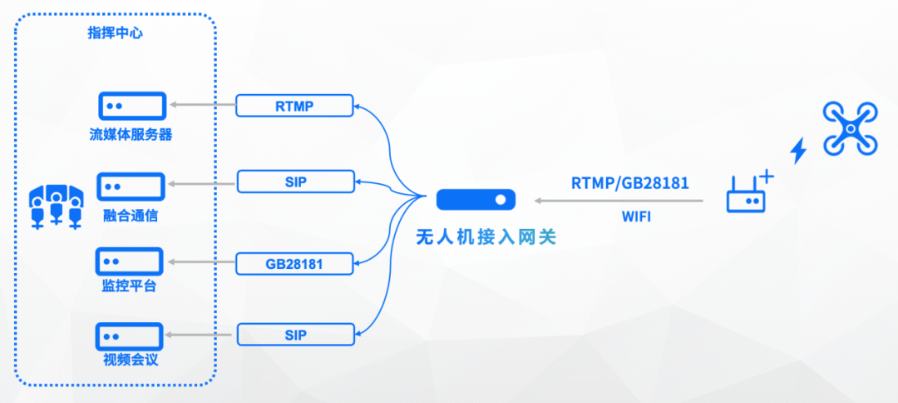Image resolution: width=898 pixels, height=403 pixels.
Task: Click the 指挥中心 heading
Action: [117, 33]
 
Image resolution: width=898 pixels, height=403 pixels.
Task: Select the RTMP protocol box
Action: [294, 106]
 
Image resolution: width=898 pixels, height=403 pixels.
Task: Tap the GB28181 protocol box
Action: [294, 264]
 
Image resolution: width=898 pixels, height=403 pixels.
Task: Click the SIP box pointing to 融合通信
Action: [295, 180]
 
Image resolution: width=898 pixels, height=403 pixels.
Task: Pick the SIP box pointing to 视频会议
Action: [295, 335]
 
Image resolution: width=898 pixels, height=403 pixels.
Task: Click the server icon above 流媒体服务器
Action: [131, 107]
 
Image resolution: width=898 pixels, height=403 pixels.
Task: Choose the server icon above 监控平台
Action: [131, 261]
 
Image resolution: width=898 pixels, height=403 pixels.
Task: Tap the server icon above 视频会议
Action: [131, 336]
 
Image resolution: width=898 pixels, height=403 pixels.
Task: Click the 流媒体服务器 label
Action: [131, 134]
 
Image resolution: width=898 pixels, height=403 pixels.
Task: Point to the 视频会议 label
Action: [131, 361]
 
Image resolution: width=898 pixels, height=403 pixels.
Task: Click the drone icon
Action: [850, 128]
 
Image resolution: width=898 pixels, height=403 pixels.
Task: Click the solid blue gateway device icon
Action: [476, 200]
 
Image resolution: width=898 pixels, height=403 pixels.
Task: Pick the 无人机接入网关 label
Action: [486, 237]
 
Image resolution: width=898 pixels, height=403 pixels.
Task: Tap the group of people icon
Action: [56, 205]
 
